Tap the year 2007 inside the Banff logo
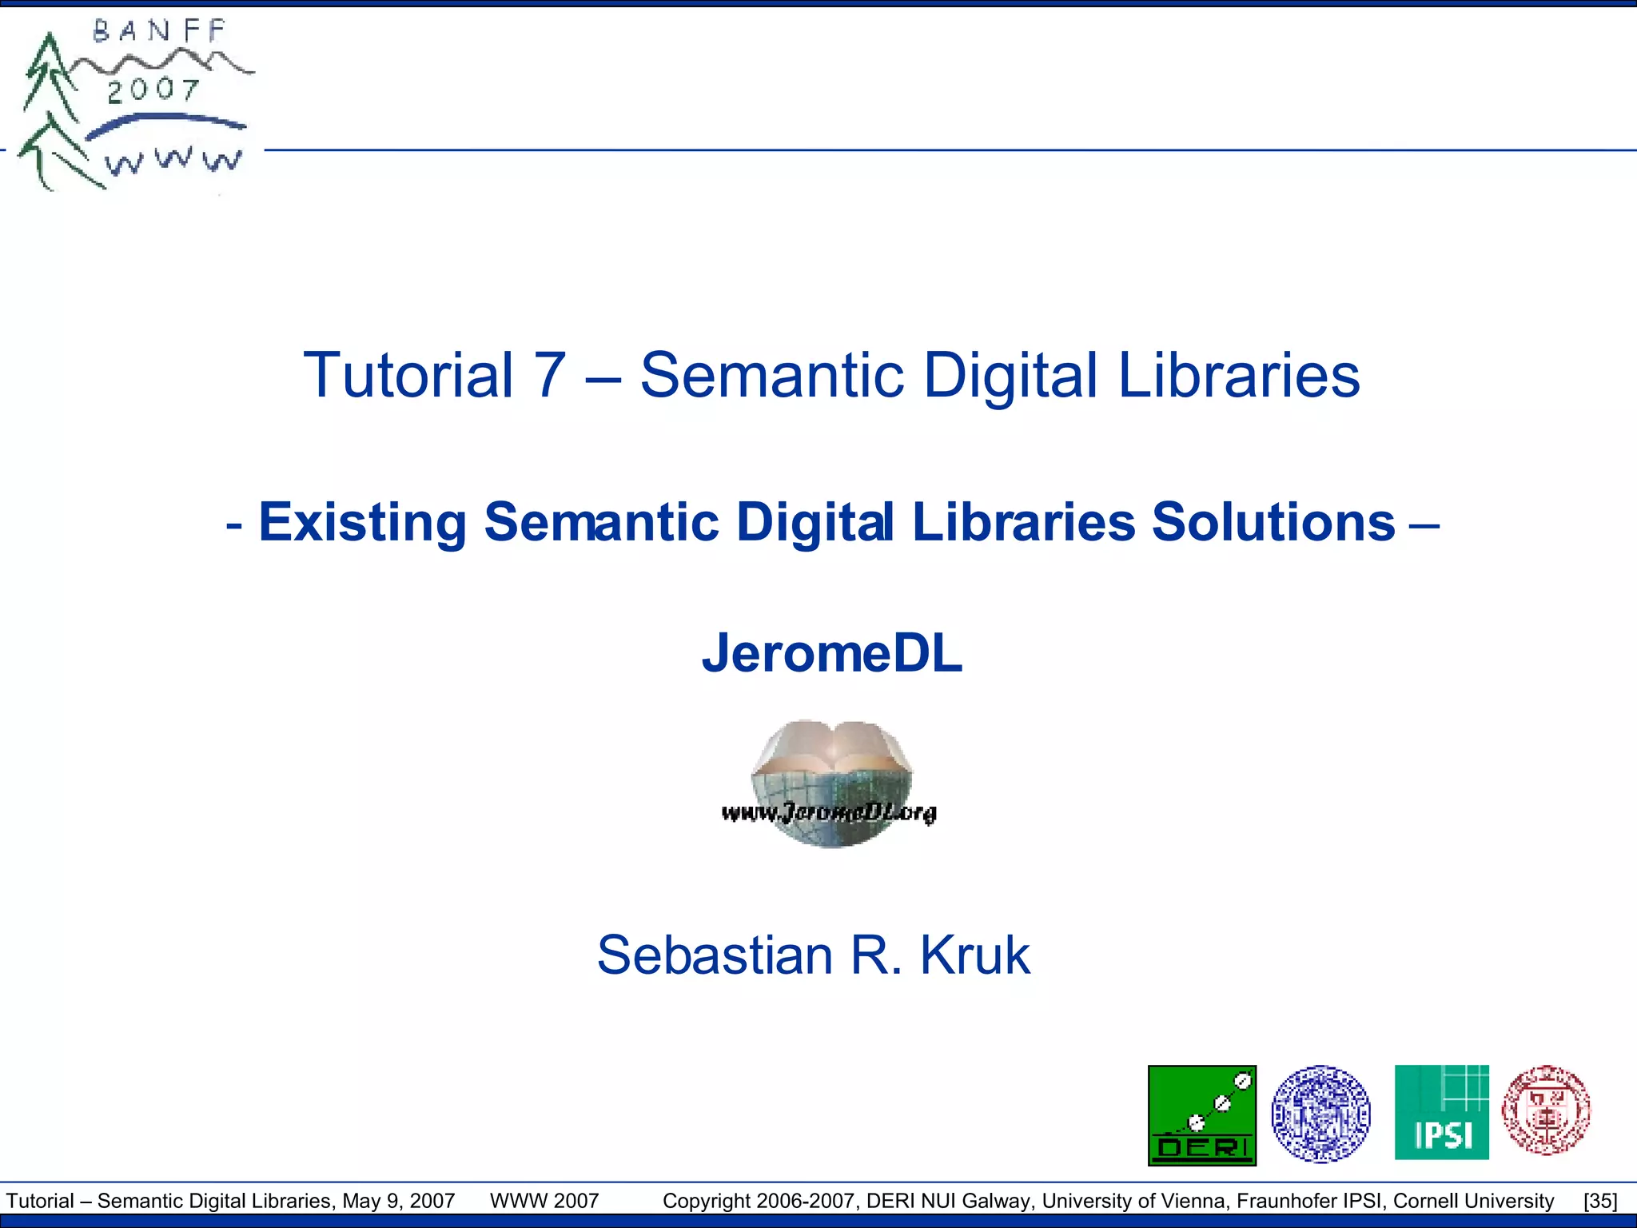point(153,90)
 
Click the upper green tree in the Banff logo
point(50,76)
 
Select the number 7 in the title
point(550,375)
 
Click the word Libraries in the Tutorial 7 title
point(1238,375)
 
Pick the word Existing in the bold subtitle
point(362,522)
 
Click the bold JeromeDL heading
point(832,653)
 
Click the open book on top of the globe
point(832,748)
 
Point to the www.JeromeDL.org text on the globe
point(829,813)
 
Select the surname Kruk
point(974,955)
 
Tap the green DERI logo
point(1201,1114)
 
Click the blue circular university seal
point(1320,1114)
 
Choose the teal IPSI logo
point(1441,1112)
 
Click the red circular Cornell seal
point(1546,1110)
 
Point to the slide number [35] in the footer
point(1599,1201)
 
